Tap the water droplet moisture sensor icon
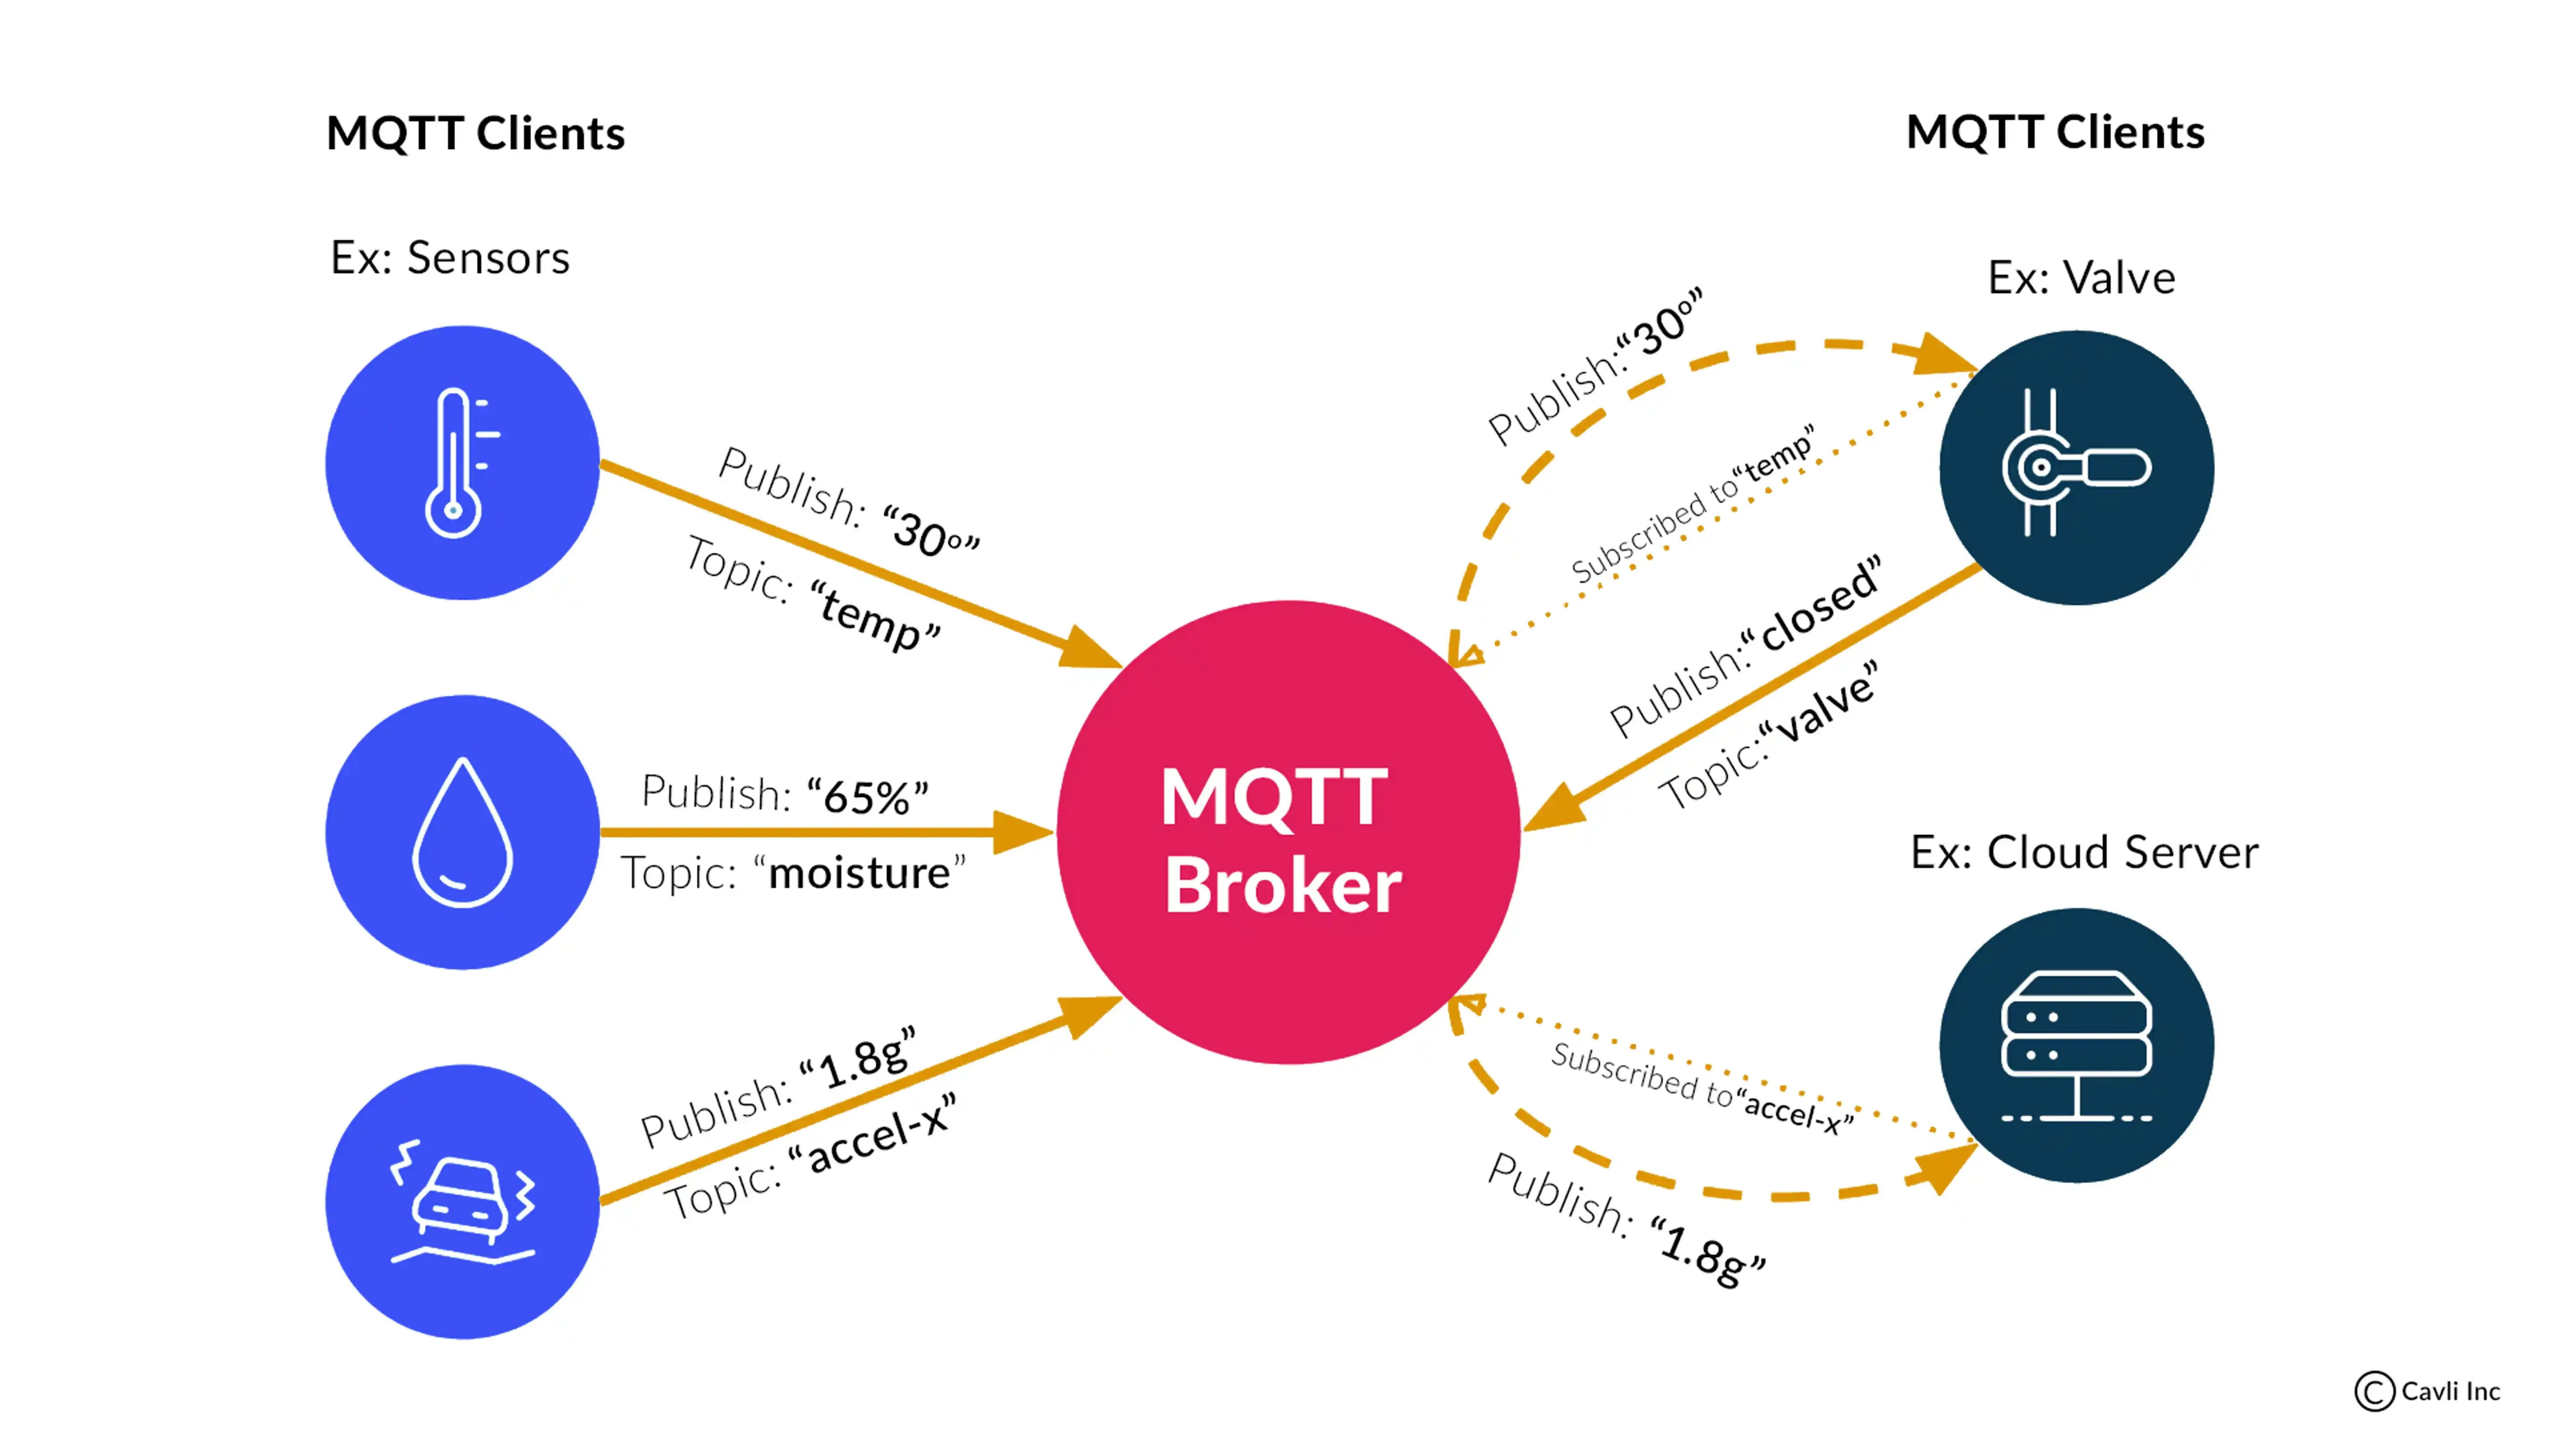tap(462, 833)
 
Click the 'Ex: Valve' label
tap(2081, 277)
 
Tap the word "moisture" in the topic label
tap(860, 873)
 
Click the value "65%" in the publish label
tap(867, 796)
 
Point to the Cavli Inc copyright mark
tap(2427, 1391)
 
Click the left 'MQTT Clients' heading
tap(475, 133)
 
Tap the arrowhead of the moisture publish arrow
tap(1024, 832)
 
